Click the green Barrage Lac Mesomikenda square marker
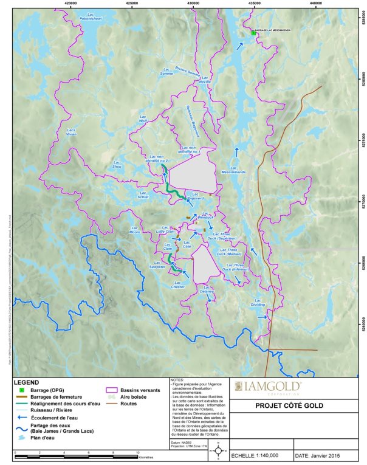[x=253, y=34]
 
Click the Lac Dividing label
[x=258, y=302]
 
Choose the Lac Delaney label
[x=207, y=290]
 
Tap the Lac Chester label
[x=178, y=284]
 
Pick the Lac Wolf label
[x=143, y=119]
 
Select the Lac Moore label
[x=135, y=230]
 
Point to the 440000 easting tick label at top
[x=315, y=4]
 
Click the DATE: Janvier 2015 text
[x=323, y=455]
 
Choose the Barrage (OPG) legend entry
[x=43, y=389]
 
